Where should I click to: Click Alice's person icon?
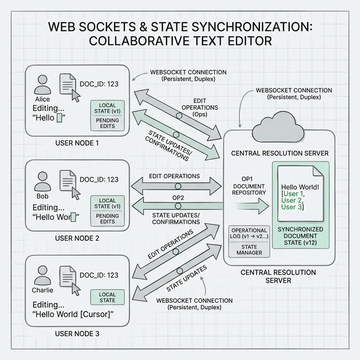click(43, 84)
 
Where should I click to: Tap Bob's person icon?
click(43, 181)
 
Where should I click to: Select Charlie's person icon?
click(43, 276)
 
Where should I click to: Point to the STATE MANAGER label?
click(249, 250)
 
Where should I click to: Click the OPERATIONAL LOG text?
click(249, 233)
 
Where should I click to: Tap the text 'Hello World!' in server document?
click(300, 187)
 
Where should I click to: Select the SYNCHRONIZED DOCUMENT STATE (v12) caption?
click(300, 236)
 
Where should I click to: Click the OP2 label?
click(178, 197)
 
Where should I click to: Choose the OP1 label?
click(247, 179)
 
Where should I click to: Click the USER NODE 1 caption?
click(77, 143)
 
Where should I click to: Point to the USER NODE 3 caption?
click(77, 334)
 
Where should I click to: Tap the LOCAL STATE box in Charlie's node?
click(107, 298)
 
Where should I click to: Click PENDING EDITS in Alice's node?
click(107, 123)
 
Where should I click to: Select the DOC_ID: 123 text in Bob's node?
click(99, 179)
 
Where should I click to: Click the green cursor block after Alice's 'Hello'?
click(59, 118)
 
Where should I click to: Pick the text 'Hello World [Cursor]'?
click(73, 314)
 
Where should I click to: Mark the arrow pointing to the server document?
click(252, 206)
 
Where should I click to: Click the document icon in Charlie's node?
click(67, 276)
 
